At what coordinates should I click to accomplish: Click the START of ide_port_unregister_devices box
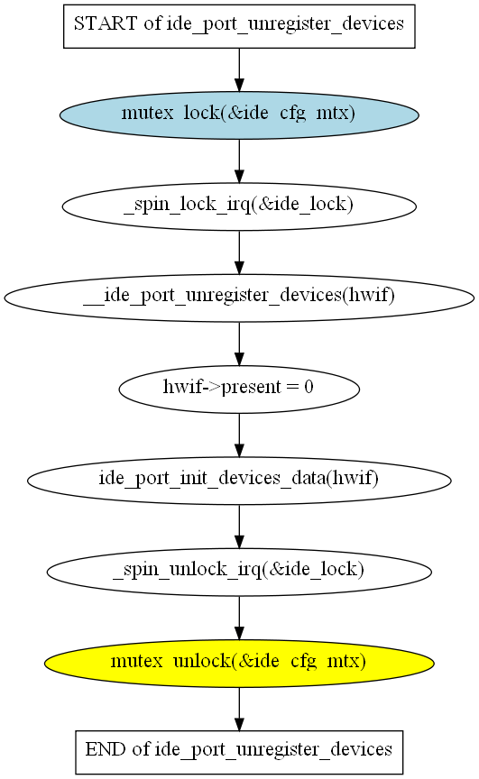click(239, 26)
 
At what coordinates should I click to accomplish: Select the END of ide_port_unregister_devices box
click(239, 752)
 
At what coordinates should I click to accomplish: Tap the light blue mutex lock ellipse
click(239, 115)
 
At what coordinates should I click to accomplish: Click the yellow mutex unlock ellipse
click(239, 664)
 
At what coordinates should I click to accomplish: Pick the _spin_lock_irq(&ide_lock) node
click(239, 206)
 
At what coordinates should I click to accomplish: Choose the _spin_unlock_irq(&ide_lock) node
click(239, 572)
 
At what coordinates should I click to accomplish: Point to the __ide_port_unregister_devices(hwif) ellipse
click(239, 298)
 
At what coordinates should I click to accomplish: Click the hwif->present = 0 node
click(239, 389)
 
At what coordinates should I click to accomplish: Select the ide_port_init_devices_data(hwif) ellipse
click(239, 481)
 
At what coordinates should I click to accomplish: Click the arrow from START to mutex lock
click(239, 69)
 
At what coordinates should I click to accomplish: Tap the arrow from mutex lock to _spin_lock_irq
click(239, 161)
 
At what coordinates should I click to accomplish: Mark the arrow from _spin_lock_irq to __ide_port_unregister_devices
click(239, 252)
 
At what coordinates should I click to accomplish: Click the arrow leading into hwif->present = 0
click(239, 344)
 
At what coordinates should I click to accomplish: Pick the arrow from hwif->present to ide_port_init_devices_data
click(239, 435)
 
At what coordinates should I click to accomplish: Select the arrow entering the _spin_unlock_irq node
click(239, 527)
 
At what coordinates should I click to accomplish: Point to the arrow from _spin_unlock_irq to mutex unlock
click(239, 618)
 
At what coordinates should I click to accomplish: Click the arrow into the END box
click(239, 709)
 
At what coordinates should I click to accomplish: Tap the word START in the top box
click(106, 23)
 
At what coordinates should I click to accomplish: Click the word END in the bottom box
click(106, 749)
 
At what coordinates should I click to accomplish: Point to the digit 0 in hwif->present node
click(309, 387)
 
